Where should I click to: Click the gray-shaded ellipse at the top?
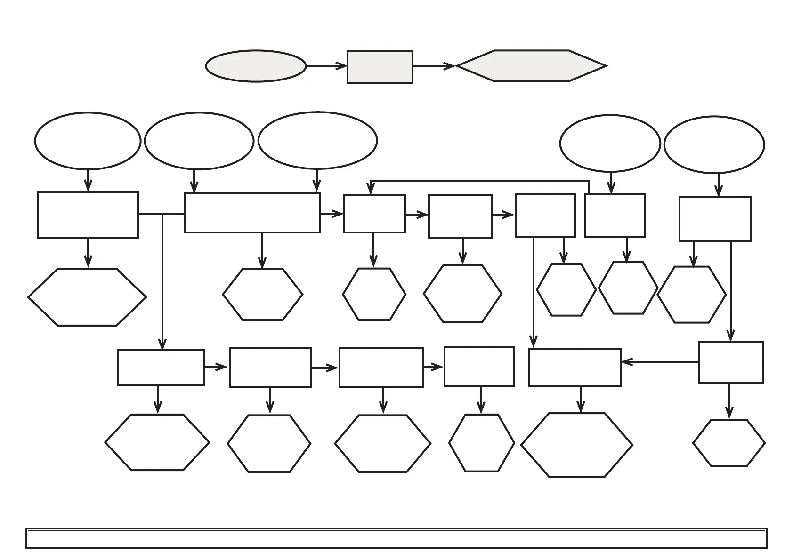pyautogui.click(x=256, y=66)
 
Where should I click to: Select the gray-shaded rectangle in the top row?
pyautogui.click(x=380, y=67)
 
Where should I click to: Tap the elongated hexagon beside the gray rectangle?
pyautogui.click(x=531, y=66)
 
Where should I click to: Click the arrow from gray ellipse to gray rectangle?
pyautogui.click(x=326, y=66)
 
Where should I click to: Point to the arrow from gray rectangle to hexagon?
pyautogui.click(x=434, y=66)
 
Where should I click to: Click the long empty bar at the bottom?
pyautogui.click(x=396, y=538)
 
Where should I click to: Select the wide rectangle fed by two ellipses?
pyautogui.click(x=252, y=213)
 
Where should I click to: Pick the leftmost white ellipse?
pyautogui.click(x=88, y=141)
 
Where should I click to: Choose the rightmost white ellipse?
pyautogui.click(x=714, y=145)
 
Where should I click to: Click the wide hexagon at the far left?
pyautogui.click(x=87, y=297)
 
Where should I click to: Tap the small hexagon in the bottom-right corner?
pyautogui.click(x=729, y=443)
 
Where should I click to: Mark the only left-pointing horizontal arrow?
pyautogui.click(x=660, y=362)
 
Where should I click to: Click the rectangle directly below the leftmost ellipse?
pyautogui.click(x=88, y=215)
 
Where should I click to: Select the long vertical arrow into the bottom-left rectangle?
pyautogui.click(x=162, y=282)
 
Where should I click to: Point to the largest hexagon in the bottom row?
pyautogui.click(x=577, y=445)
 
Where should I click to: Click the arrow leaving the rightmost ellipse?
pyautogui.click(x=718, y=184)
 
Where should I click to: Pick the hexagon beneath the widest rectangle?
pyautogui.click(x=262, y=295)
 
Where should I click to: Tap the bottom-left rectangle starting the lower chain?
pyautogui.click(x=161, y=368)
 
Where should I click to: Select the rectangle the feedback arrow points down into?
pyautogui.click(x=374, y=214)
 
